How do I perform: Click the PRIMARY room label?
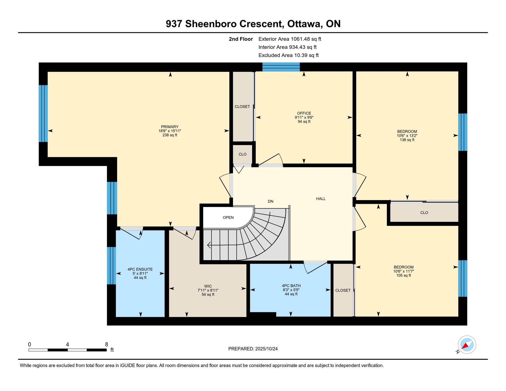click(x=170, y=127)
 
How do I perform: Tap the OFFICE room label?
click(x=304, y=113)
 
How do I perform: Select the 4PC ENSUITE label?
click(x=140, y=269)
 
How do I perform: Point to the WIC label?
click(x=208, y=286)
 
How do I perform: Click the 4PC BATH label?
click(x=291, y=286)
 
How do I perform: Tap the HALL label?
click(x=321, y=199)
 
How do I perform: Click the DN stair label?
click(x=271, y=201)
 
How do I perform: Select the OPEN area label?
click(x=228, y=217)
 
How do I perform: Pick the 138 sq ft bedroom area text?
click(x=407, y=140)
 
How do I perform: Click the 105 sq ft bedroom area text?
click(x=404, y=275)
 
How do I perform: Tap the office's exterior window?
click(x=281, y=67)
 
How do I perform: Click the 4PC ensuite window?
click(x=111, y=266)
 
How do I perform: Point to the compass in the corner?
click(x=467, y=345)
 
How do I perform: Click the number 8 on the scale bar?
click(x=106, y=344)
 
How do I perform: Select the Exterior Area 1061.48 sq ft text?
click(x=290, y=39)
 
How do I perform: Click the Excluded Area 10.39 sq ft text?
click(x=288, y=55)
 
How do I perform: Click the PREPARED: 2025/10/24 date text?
click(x=253, y=349)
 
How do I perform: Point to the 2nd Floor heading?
click(x=241, y=39)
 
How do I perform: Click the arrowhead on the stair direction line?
click(x=209, y=245)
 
